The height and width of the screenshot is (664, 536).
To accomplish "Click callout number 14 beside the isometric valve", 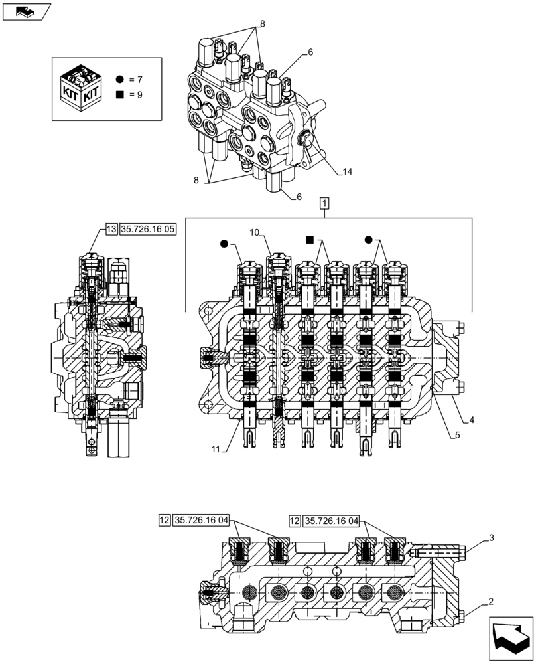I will coord(348,172).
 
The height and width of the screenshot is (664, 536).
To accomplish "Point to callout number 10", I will coord(255,232).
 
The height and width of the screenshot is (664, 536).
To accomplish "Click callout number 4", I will coord(472,420).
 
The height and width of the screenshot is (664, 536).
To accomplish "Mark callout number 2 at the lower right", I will coord(490,602).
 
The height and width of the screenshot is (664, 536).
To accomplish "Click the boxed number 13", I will coord(111,230).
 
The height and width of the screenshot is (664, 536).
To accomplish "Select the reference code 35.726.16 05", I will coord(148,230).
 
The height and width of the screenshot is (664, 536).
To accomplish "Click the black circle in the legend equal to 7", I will coord(119,79).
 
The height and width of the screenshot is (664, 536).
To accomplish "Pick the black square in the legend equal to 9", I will coord(119,94).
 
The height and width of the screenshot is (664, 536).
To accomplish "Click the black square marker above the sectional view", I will coord(309,239).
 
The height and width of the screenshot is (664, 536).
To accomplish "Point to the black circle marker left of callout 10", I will coord(224,244).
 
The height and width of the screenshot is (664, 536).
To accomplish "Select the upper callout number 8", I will coord(262,24).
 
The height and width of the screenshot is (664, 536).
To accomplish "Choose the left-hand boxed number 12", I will coord(165,520).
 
